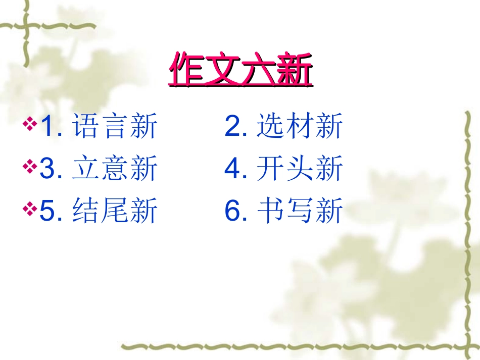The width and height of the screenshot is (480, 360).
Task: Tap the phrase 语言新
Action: [115, 126]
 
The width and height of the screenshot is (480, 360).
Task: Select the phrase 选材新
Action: [300, 126]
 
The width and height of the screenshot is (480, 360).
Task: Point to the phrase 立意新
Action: [115, 169]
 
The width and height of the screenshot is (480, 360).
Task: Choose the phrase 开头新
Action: [300, 169]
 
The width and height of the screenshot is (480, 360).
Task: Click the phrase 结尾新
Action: [115, 211]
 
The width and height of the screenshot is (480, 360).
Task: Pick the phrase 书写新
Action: [300, 211]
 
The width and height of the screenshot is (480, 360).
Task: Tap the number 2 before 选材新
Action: [233, 127]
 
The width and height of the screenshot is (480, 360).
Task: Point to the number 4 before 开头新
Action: [233, 169]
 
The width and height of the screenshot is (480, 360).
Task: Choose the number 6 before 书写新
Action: [233, 211]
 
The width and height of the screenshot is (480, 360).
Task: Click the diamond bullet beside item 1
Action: [30, 124]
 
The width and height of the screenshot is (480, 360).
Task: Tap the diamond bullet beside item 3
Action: [30, 166]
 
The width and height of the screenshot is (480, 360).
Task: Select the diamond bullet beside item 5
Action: [30, 208]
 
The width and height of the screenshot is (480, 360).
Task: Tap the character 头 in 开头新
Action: [300, 169]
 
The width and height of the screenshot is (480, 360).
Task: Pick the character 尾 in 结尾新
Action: [115, 211]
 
